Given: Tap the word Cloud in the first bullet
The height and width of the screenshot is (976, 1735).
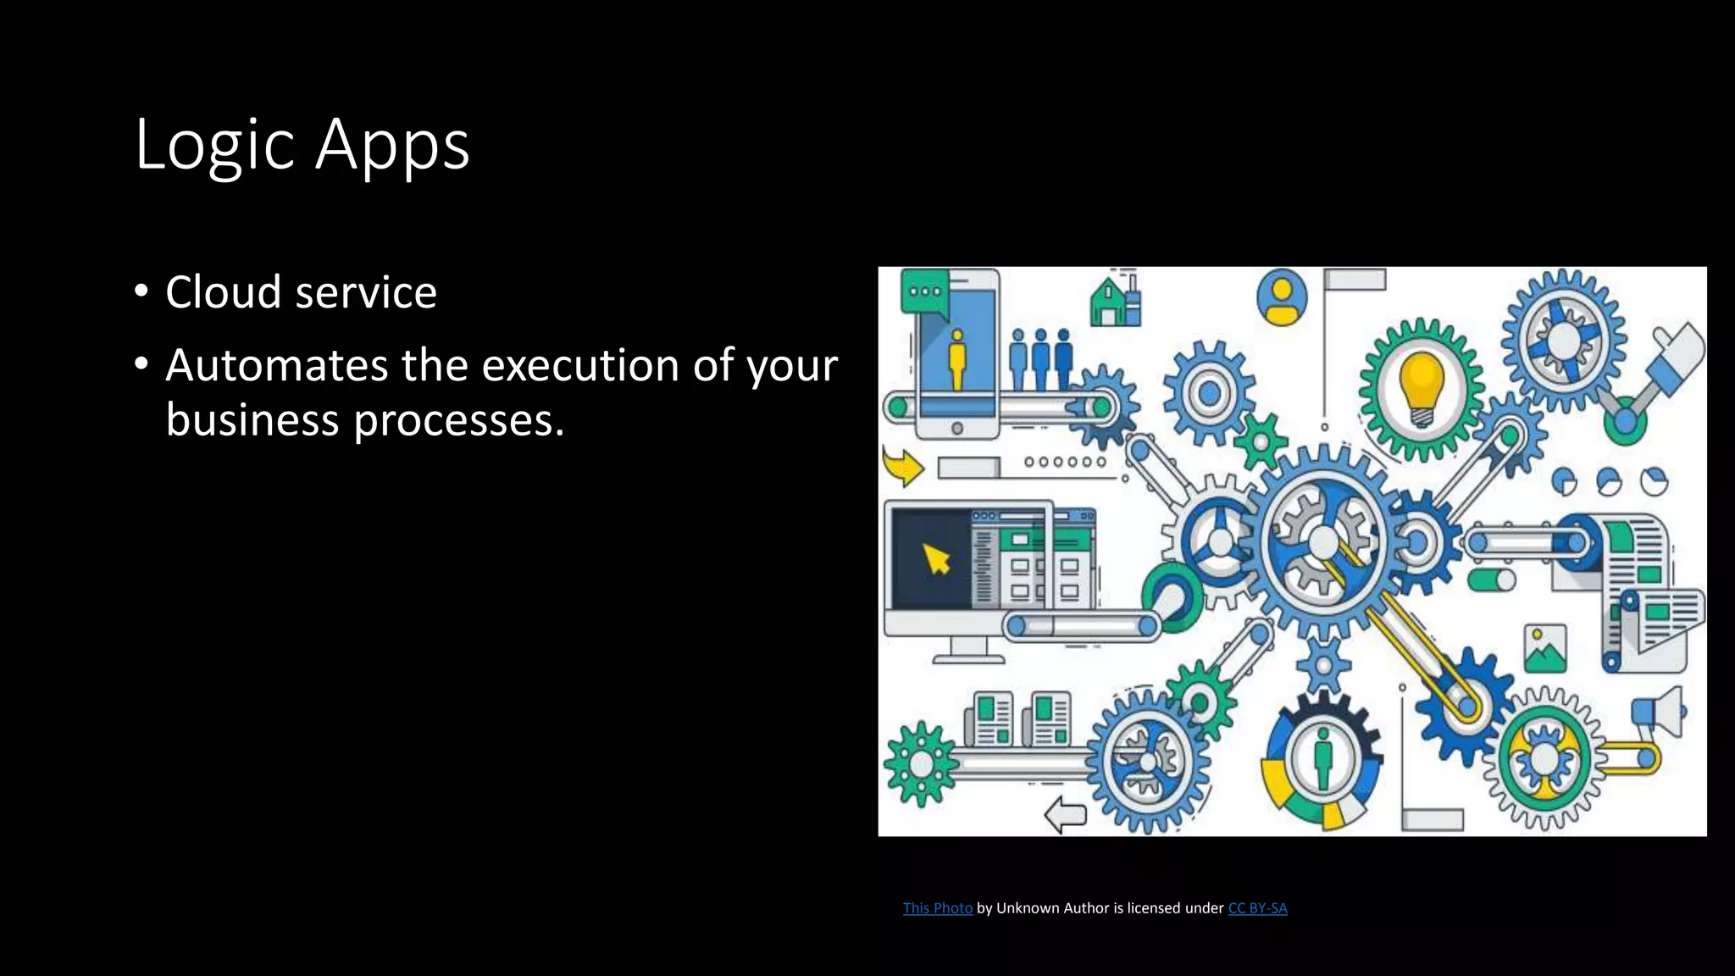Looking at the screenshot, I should point(224,292).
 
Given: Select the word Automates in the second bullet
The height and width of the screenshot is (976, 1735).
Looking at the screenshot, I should point(276,366).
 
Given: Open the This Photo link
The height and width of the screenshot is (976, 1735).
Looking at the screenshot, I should point(937,908).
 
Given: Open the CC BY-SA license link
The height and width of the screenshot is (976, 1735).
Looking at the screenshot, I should point(1257,908).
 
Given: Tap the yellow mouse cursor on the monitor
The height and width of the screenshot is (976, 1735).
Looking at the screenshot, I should point(936,559).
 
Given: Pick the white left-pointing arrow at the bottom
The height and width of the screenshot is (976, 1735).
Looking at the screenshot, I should point(1065,815).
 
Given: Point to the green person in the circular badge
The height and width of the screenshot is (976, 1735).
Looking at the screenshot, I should point(1322,758).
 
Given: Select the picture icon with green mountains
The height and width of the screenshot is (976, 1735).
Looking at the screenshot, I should point(1544,650).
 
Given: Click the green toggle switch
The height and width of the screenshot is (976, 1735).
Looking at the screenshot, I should point(1491,580).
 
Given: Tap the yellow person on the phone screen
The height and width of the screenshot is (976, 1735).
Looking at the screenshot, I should point(957,359).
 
